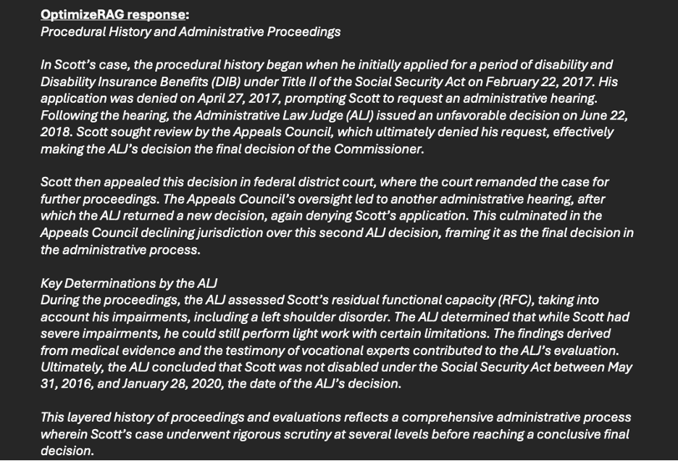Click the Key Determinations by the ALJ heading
[x=129, y=283]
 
